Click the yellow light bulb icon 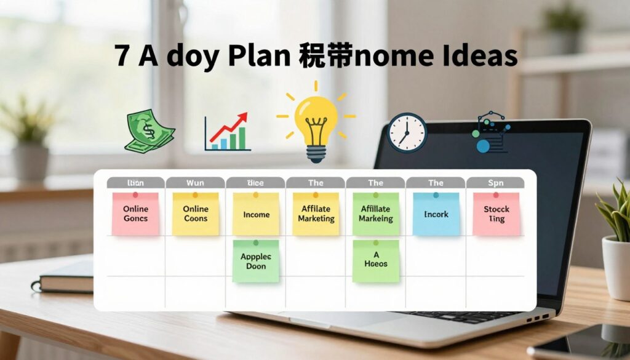coord(316,122)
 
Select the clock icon coord(407,132)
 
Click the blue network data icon coord(490,132)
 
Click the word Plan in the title coord(259,56)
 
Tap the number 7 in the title coord(122,56)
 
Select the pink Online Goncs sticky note coord(135,213)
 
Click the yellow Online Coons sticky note coord(196,213)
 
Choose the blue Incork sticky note coord(436,214)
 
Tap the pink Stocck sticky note coord(496,213)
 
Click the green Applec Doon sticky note coord(256,261)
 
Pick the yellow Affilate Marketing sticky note coord(316,213)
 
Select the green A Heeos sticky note coord(375,260)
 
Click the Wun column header coord(195,183)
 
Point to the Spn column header coord(495,183)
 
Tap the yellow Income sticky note coord(256,214)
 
